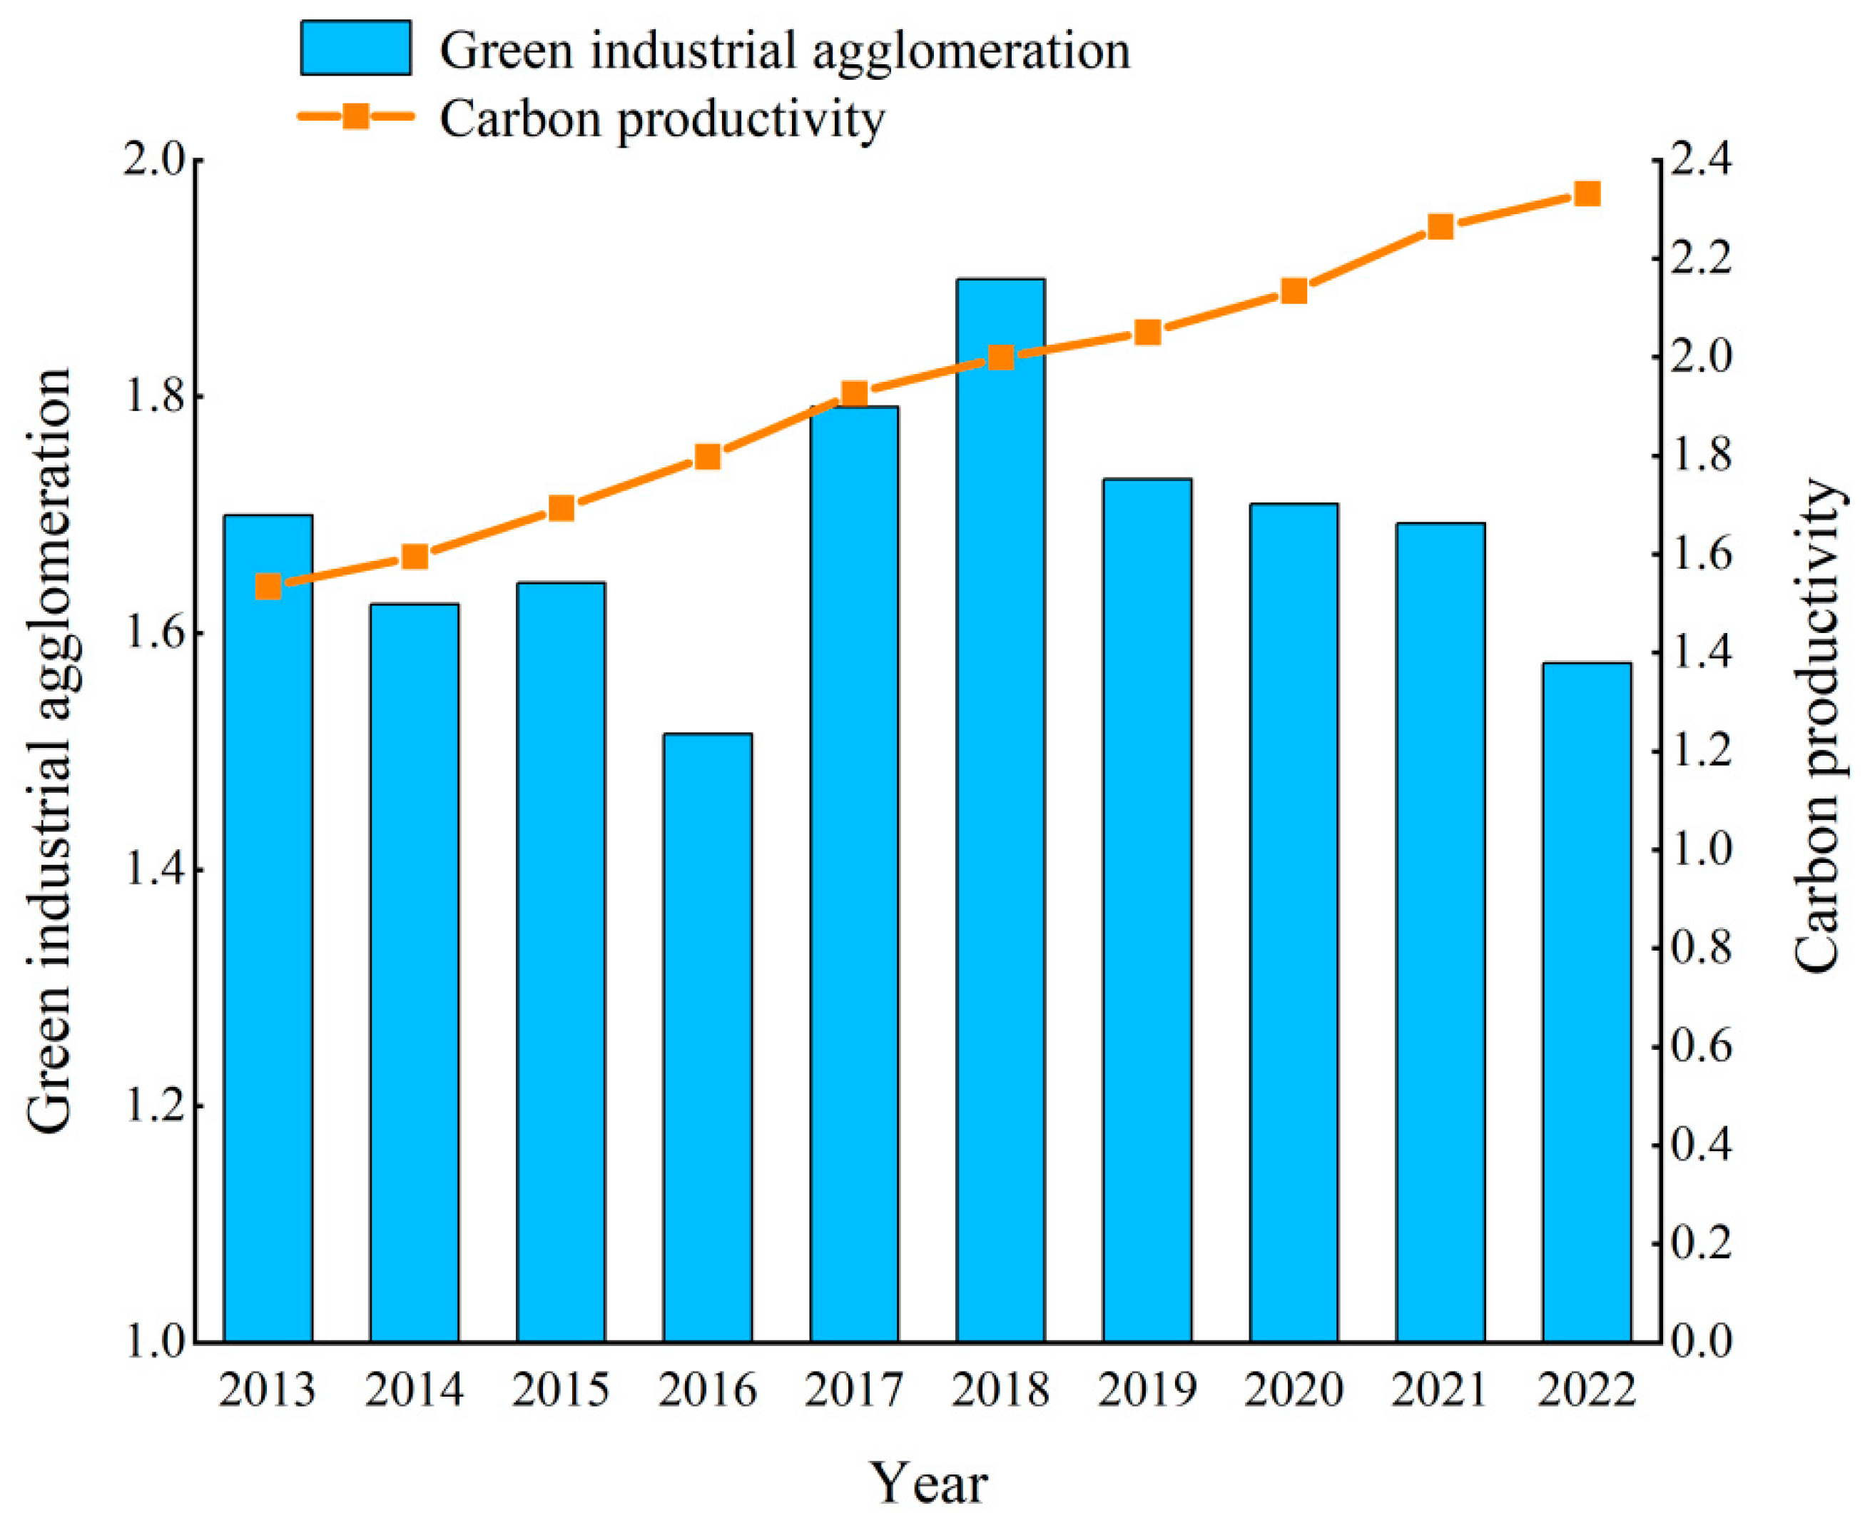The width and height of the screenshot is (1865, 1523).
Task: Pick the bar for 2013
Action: tap(268, 930)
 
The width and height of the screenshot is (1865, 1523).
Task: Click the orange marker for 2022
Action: tap(1587, 194)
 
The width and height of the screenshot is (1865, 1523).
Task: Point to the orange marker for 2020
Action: tap(1294, 291)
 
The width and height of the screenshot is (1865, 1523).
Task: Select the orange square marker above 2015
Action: tap(561, 509)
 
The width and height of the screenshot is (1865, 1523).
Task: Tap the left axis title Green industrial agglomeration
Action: tap(49, 751)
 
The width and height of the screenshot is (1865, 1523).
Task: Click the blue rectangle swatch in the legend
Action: tap(355, 49)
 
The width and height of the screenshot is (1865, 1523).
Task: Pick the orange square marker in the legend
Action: tap(355, 116)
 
